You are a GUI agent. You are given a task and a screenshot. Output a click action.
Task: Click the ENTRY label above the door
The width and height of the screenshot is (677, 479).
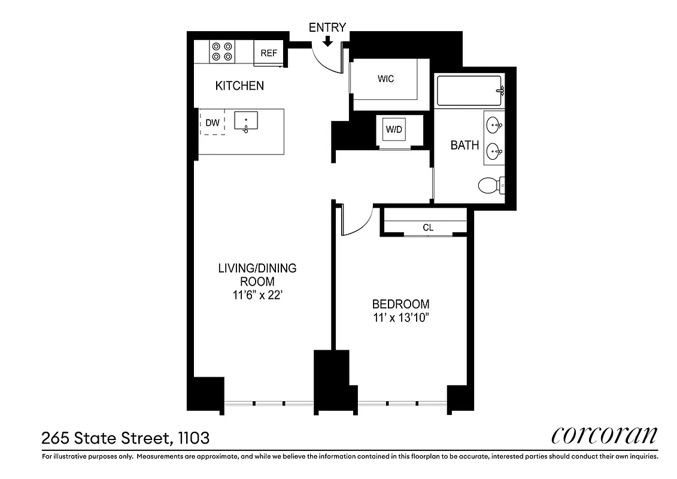[327, 28]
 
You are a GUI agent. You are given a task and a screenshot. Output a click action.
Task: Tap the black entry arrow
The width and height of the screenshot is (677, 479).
[327, 41]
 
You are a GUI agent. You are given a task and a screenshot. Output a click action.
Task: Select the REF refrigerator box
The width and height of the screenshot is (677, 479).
[269, 53]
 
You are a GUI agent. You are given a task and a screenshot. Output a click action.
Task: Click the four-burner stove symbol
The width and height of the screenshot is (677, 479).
[223, 51]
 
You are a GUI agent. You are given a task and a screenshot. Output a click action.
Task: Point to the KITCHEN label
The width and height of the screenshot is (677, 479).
[239, 86]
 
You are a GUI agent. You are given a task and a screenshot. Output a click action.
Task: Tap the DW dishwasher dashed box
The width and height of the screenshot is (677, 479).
[212, 123]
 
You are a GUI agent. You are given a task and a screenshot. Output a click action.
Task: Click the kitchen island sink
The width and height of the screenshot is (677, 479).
[245, 122]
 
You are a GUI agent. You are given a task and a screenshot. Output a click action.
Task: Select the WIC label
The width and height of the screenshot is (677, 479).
[386, 79]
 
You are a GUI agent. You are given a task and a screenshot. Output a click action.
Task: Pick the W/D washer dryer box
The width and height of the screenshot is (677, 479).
[393, 129]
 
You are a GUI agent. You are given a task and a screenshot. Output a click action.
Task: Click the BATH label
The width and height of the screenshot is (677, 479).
[465, 145]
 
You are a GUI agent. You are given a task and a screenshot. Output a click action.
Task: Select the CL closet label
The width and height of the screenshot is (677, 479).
[428, 228]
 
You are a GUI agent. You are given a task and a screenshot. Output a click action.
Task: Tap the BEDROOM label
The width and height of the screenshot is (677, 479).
[400, 304]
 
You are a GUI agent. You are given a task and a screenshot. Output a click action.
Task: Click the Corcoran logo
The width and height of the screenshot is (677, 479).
[603, 435]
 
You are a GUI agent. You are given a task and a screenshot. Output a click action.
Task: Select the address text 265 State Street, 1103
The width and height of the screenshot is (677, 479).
[126, 438]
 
